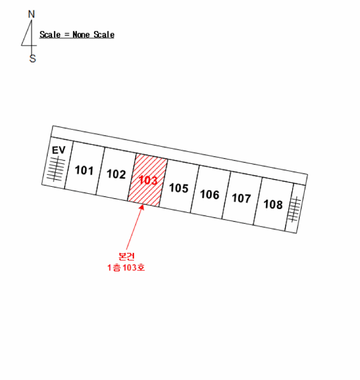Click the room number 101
click(x=84, y=170)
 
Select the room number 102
click(x=116, y=174)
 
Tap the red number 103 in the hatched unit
click(x=148, y=180)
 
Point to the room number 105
click(x=179, y=188)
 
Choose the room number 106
click(x=210, y=194)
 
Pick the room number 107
click(x=242, y=198)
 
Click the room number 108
click(x=273, y=205)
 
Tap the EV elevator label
click(x=59, y=150)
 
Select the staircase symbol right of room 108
click(x=294, y=209)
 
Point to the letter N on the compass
click(x=31, y=14)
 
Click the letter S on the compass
click(x=33, y=59)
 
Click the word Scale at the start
click(x=50, y=35)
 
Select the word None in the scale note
click(x=81, y=35)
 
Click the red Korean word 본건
click(x=127, y=256)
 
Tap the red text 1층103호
click(x=126, y=268)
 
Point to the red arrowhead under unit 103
click(x=142, y=207)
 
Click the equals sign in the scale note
click(x=67, y=35)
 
